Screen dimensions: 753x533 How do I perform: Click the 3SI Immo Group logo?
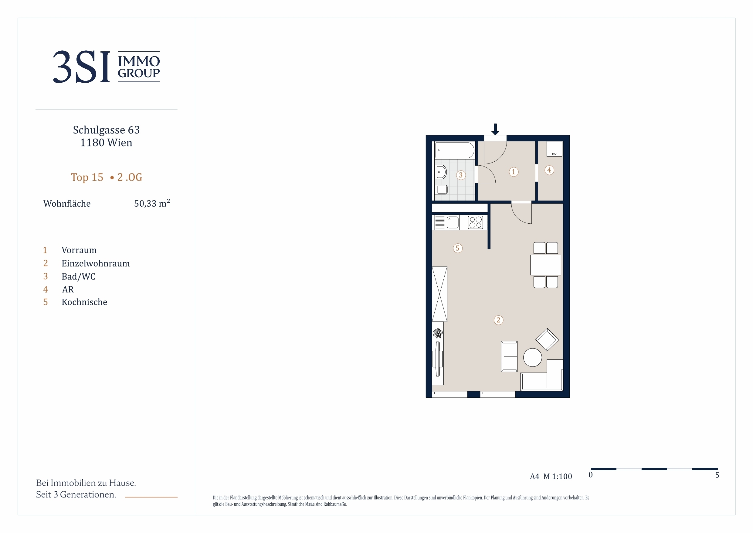click(106, 67)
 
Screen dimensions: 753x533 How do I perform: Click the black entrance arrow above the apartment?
click(495, 129)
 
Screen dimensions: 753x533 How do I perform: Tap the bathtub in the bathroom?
click(455, 150)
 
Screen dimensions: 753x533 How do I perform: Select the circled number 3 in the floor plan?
click(461, 175)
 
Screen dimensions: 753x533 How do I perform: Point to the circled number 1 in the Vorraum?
click(514, 172)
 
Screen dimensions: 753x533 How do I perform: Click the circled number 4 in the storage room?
click(549, 170)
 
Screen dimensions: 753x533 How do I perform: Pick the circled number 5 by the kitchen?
click(457, 248)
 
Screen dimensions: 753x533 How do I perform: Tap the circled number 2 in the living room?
click(498, 320)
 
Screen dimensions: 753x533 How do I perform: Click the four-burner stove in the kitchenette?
click(475, 222)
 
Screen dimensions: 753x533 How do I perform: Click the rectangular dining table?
click(546, 265)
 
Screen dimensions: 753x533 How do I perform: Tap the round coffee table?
click(533, 357)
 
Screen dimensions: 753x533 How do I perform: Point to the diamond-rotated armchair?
click(547, 339)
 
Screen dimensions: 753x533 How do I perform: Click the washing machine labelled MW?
click(554, 149)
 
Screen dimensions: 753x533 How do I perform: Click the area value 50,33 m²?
click(152, 203)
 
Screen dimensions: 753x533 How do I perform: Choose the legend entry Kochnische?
click(84, 302)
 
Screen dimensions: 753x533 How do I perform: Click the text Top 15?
click(87, 177)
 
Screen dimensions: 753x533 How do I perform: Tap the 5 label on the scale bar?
click(717, 475)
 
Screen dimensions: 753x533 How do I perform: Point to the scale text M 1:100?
click(558, 476)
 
